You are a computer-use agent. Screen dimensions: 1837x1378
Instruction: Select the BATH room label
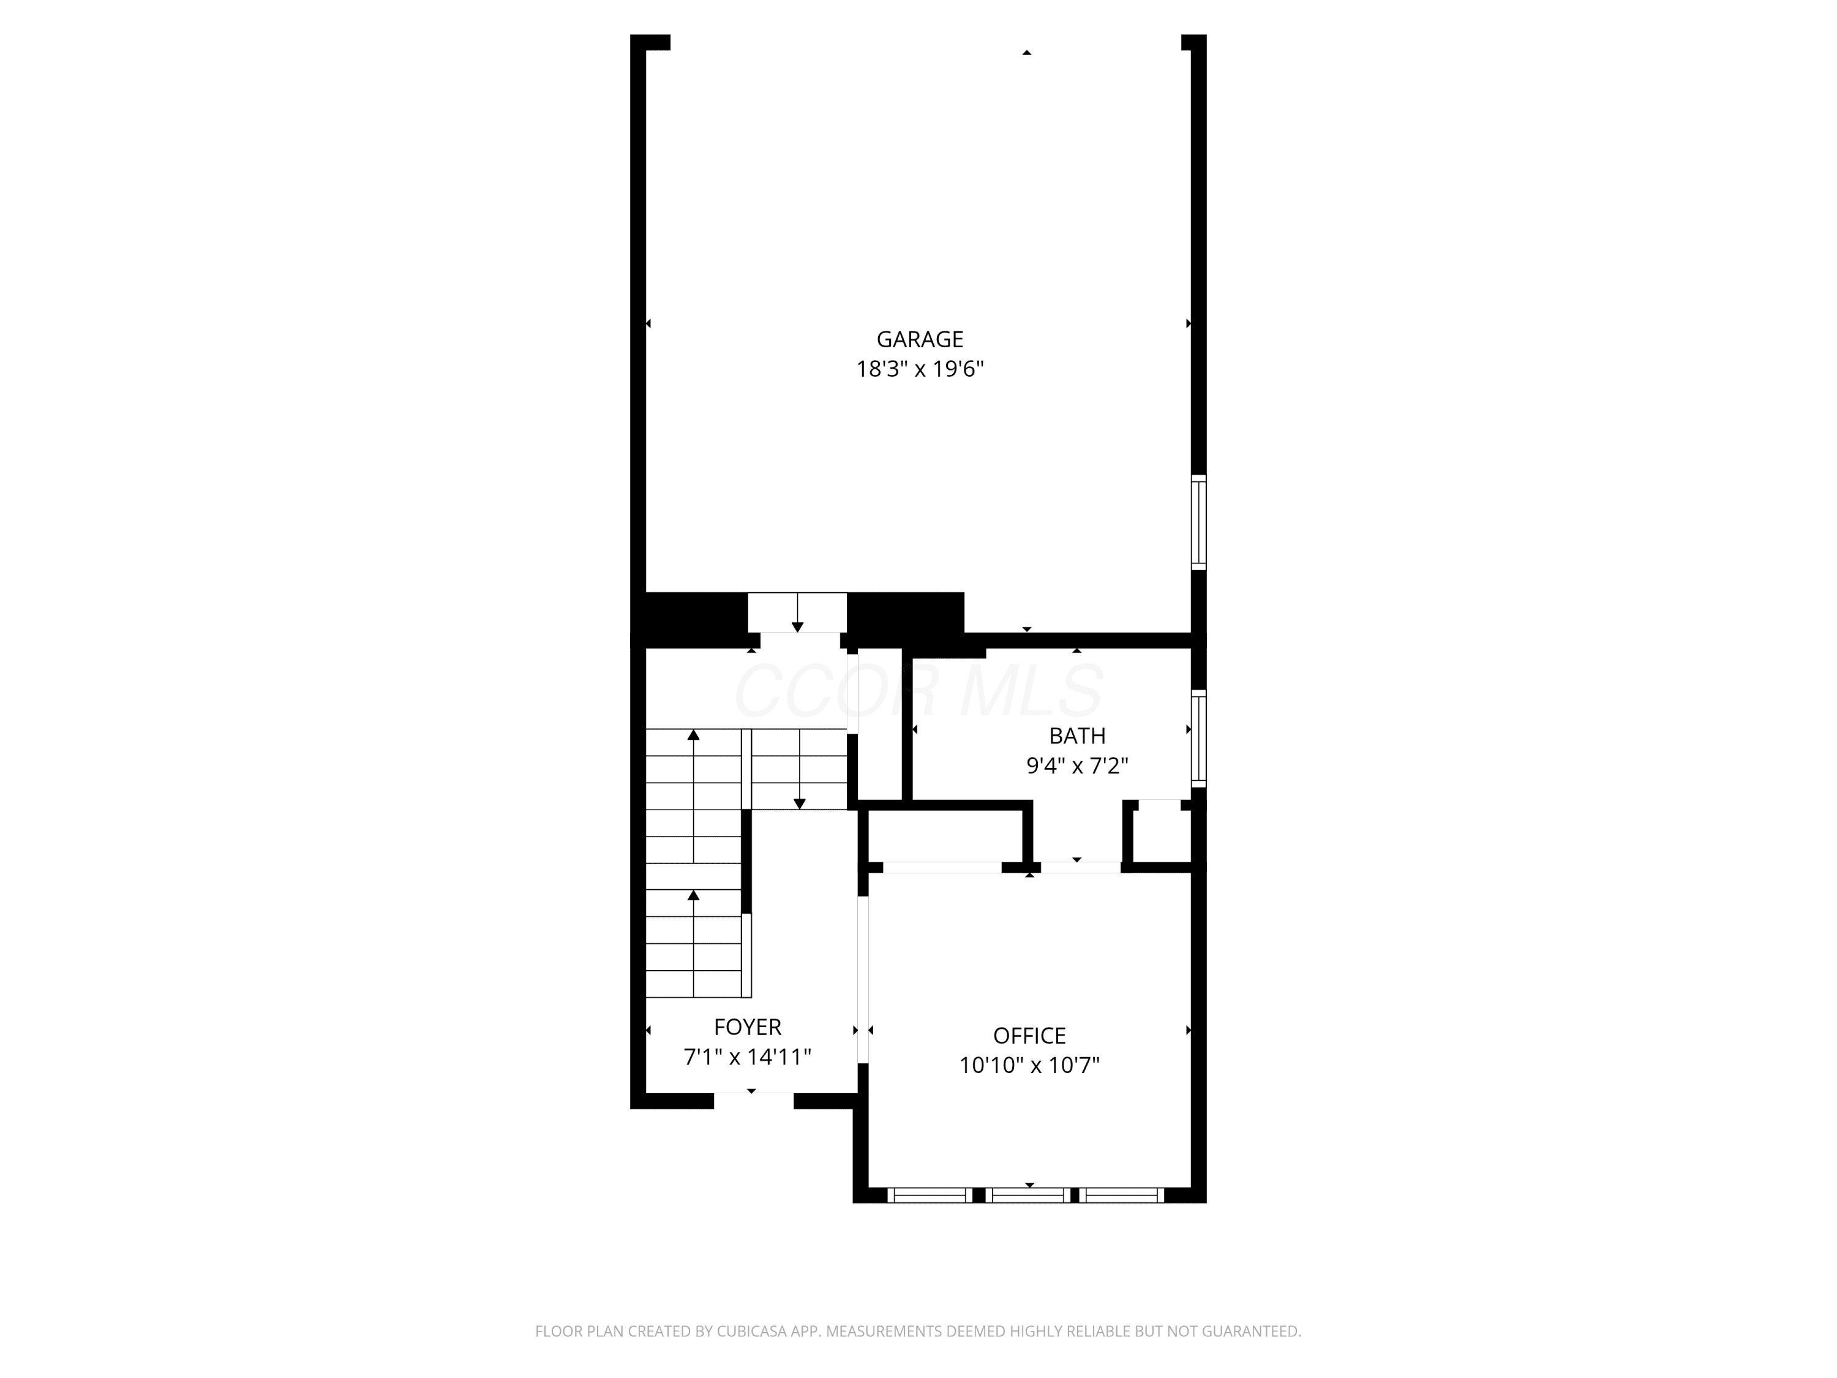1077,736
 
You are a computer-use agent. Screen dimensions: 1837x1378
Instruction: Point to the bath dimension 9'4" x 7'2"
1077,766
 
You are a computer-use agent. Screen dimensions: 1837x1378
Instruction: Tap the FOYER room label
748,1028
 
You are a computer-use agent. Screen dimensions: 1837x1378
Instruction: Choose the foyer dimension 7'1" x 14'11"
748,1057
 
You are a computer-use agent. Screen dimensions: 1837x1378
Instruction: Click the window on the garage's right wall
1198,522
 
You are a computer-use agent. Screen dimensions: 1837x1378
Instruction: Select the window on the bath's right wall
1198,739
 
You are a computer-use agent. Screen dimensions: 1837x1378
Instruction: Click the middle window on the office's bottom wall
1029,1195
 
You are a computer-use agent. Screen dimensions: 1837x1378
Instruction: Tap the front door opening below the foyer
753,1101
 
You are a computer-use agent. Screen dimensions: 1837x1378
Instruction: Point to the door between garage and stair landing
797,613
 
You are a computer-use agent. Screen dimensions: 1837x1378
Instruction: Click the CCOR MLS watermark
919,690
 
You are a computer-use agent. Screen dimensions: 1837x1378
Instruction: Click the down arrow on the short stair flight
799,769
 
